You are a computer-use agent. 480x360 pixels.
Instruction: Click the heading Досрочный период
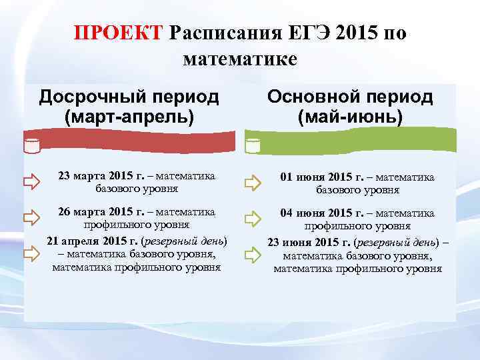pyautogui.click(x=129, y=97)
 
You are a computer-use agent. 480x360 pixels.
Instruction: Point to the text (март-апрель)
pyautogui.click(x=129, y=117)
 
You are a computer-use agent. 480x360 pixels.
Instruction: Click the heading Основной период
pyautogui.click(x=350, y=97)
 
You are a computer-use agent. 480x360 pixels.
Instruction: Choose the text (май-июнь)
pyautogui.click(x=350, y=118)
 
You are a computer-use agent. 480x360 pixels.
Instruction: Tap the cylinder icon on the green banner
pyautogui.click(x=252, y=145)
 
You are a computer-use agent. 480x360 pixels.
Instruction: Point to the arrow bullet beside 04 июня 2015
pyautogui.click(x=252, y=218)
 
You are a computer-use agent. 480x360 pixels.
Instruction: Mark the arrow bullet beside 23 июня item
pyautogui.click(x=252, y=255)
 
